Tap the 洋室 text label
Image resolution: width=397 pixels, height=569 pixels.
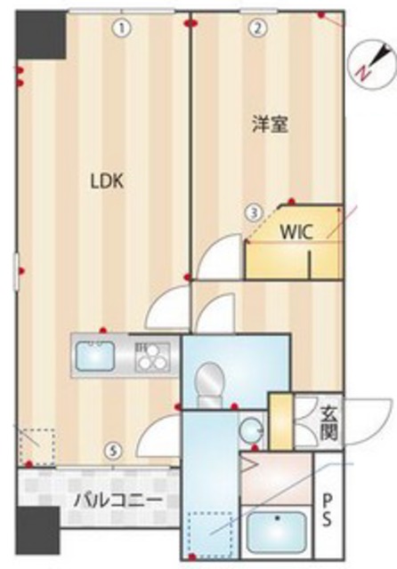click(269, 124)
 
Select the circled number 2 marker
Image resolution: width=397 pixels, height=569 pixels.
click(255, 28)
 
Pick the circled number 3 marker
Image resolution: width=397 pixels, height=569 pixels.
click(255, 212)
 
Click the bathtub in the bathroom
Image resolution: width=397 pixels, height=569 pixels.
click(278, 533)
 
